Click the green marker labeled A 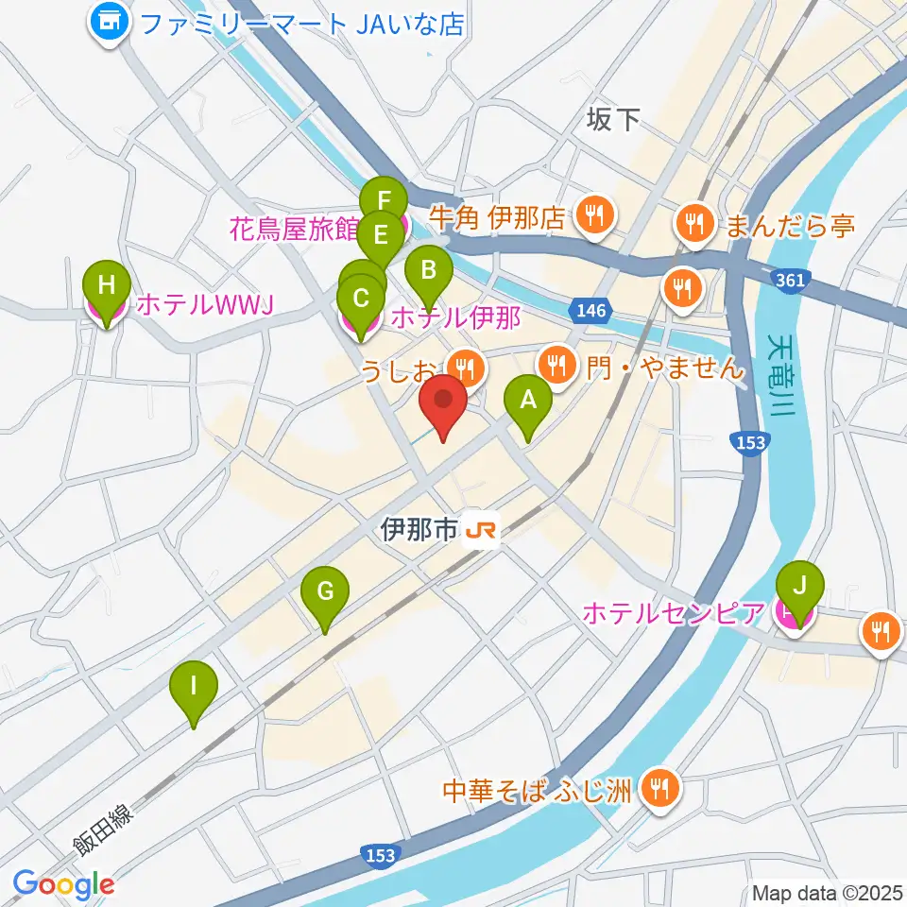pyautogui.click(x=528, y=401)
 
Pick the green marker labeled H pyautogui.click(x=106, y=284)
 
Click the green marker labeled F pyautogui.click(x=384, y=201)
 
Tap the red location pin pyautogui.click(x=443, y=401)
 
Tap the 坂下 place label pyautogui.click(x=613, y=120)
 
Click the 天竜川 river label pyautogui.click(x=781, y=373)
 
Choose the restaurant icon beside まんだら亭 pyautogui.click(x=695, y=225)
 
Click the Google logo pyautogui.click(x=63, y=885)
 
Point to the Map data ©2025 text pyautogui.click(x=827, y=892)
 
